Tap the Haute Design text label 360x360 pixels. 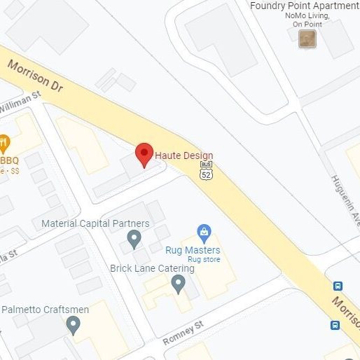pos(184,155)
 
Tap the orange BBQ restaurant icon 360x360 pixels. pos(4,145)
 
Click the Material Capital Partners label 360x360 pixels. pos(95,224)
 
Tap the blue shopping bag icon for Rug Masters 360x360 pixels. pos(204,232)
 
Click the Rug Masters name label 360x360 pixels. pos(193,250)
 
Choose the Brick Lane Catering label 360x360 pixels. pos(152,268)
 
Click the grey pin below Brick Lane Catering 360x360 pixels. pos(179,284)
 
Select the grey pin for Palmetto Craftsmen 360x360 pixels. pos(73,325)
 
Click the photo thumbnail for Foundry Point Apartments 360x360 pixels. pos(307,39)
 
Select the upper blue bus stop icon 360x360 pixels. pos(338,286)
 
